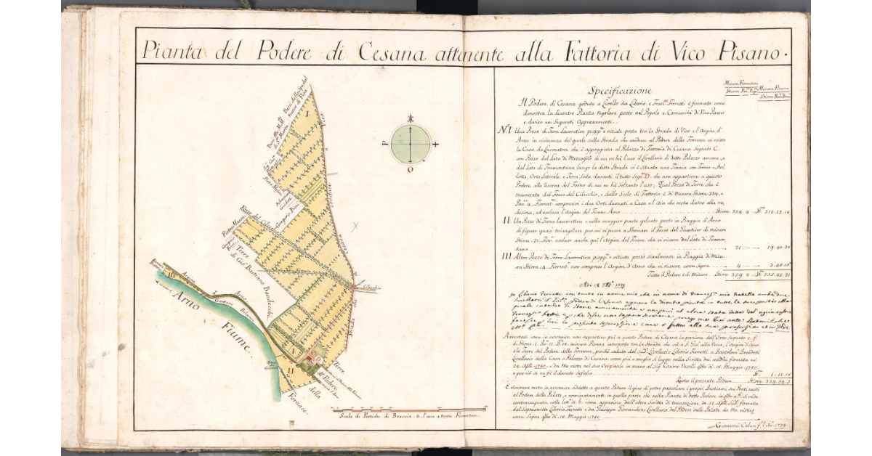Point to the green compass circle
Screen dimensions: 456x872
tap(411, 144)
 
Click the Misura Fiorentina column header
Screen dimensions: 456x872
tap(741, 84)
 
